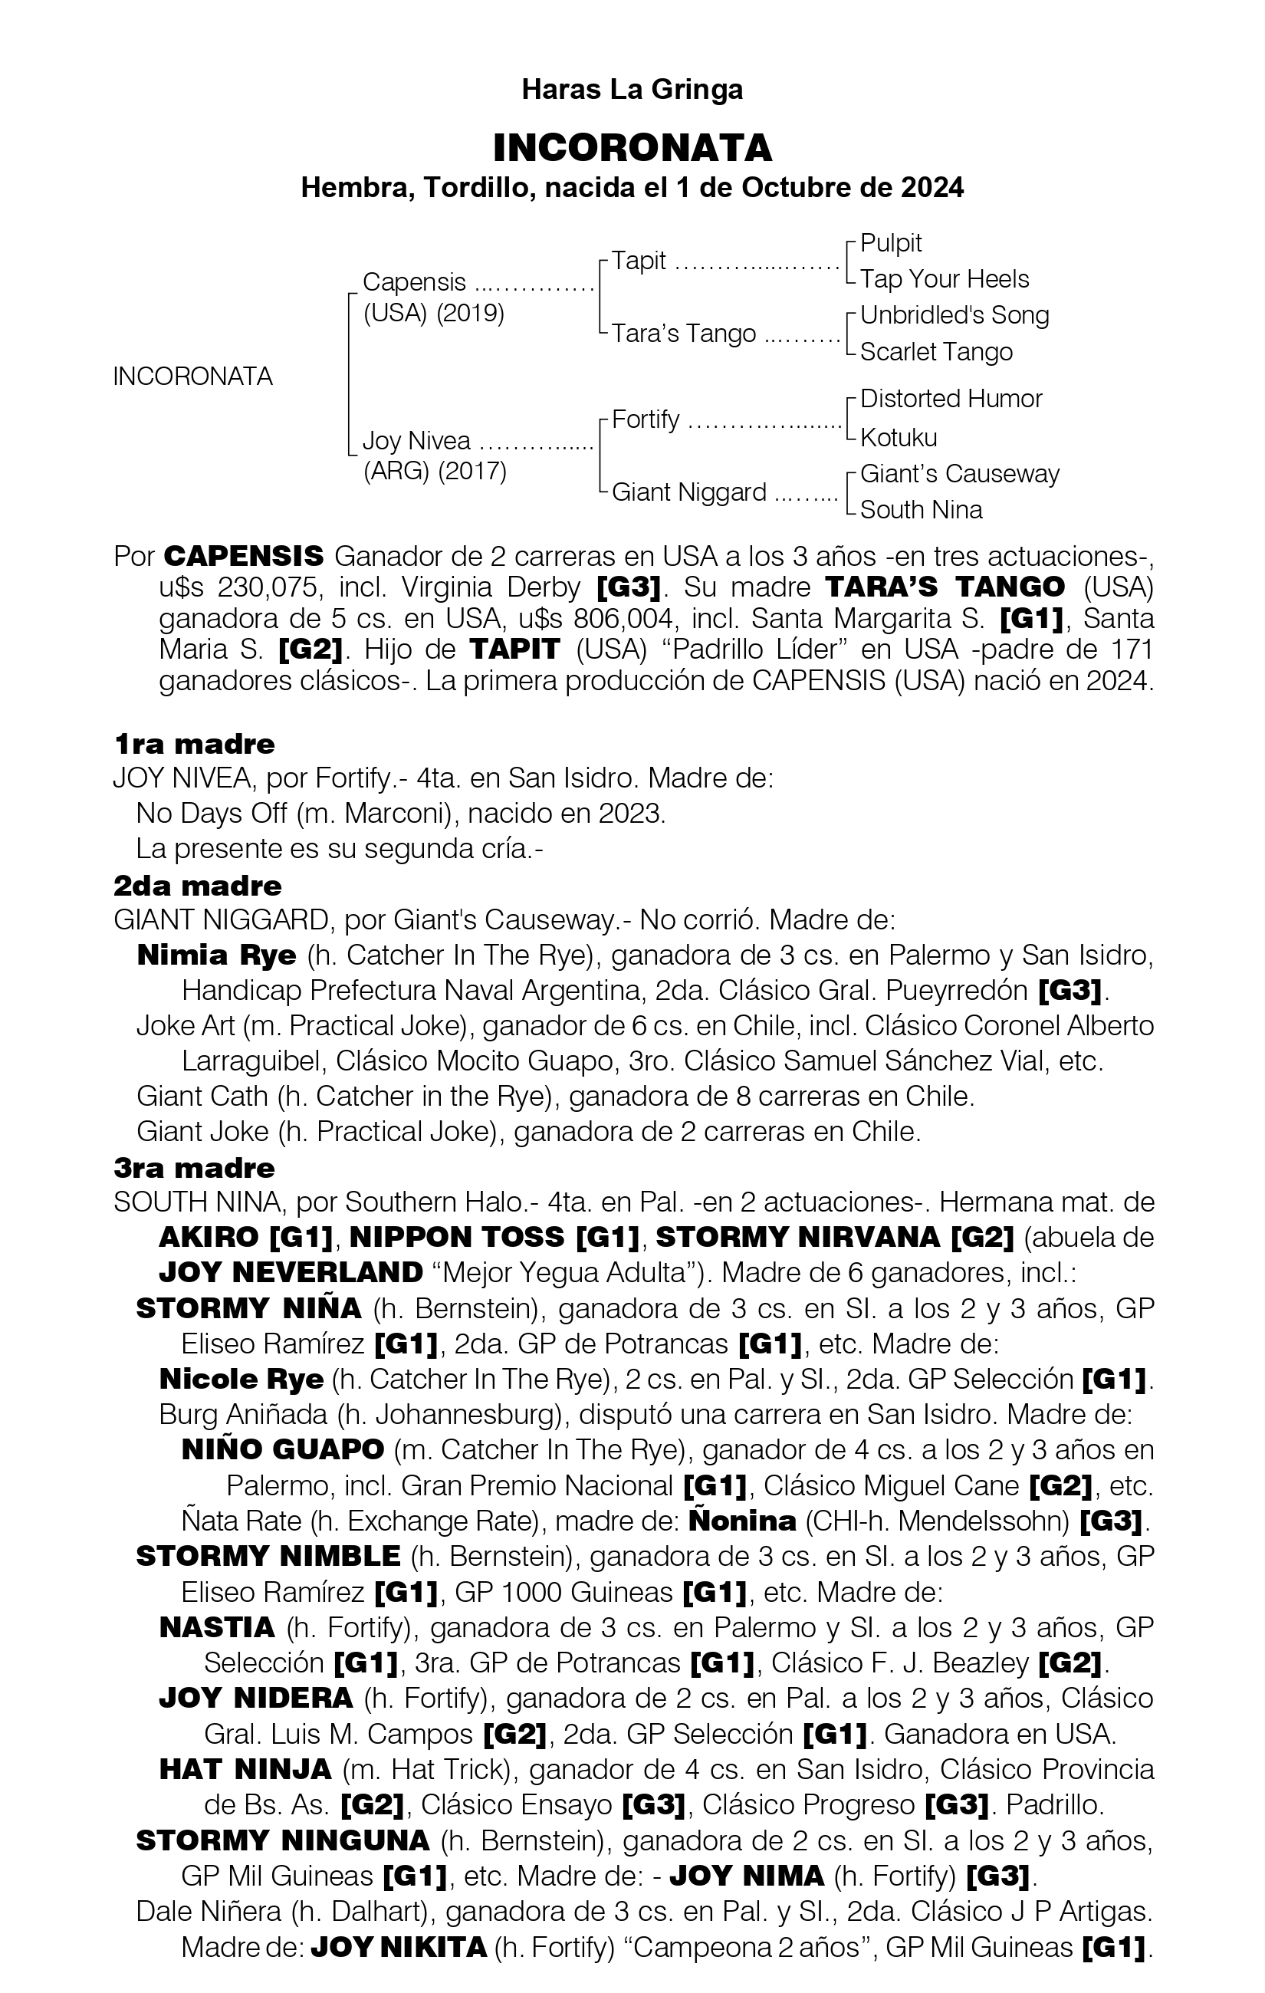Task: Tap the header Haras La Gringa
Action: (632, 90)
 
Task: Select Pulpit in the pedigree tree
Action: (890, 242)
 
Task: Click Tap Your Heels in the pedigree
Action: (944, 279)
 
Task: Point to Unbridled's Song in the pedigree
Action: (954, 315)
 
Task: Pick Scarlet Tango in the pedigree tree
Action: (936, 352)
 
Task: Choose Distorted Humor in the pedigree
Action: (951, 399)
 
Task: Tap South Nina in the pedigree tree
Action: (921, 509)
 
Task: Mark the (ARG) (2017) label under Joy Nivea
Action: (435, 471)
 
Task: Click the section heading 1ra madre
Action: (195, 744)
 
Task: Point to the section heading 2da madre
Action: (198, 886)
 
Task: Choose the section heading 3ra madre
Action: (195, 1168)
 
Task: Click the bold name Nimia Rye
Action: (216, 955)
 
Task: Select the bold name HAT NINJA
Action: (245, 1770)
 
